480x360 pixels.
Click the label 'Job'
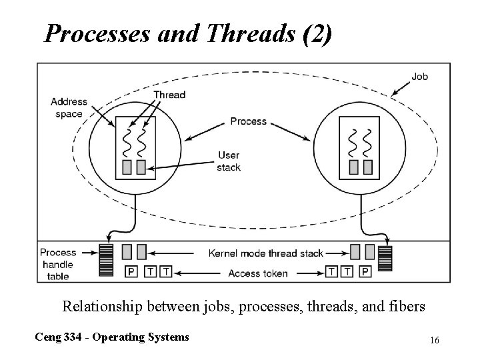(x=419, y=76)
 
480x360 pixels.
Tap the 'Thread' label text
(x=169, y=95)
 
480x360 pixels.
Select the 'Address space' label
(x=69, y=107)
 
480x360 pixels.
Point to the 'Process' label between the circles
(x=248, y=121)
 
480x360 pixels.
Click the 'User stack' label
(x=229, y=161)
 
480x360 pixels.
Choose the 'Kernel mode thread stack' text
(x=266, y=253)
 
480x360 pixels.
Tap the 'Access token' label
(x=257, y=273)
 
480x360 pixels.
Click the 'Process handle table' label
(x=58, y=264)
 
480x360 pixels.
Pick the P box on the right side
(x=365, y=271)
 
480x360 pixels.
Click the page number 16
(x=434, y=341)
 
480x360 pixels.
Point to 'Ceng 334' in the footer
(x=57, y=337)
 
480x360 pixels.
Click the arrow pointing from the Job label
(x=400, y=85)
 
